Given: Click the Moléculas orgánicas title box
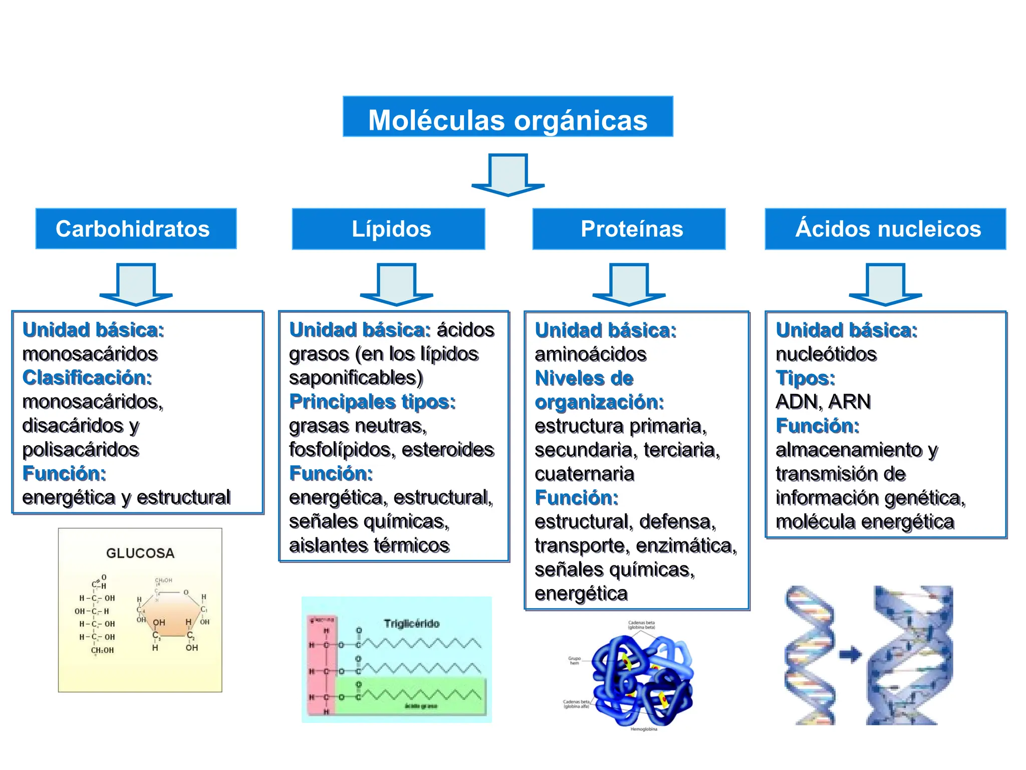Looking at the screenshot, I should coord(507,117).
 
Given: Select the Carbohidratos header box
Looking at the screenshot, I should coord(136,229).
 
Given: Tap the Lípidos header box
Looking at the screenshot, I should coord(388,229).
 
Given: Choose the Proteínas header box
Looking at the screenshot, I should coord(629,229).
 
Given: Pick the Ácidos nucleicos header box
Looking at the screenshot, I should coord(885,229).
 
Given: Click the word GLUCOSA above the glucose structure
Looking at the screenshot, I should coord(140,553).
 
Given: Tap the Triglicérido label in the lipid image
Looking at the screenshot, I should coord(411,624).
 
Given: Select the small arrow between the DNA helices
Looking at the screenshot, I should coord(850,654).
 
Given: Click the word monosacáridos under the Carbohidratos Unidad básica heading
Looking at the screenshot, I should coord(90,354).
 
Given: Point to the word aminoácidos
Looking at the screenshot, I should coord(591,354).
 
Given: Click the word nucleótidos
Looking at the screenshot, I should coord(826,354).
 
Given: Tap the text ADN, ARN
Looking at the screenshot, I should coord(823,402).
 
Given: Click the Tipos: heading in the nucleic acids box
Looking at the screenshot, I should coord(805,378).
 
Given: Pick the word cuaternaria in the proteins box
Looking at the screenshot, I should coord(584,474).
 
